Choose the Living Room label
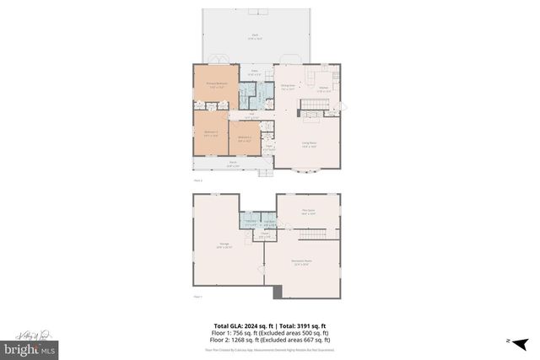(x=310, y=143)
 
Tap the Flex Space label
(x=309, y=212)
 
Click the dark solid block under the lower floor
(x=278, y=292)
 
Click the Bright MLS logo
(x=29, y=347)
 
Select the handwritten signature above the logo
(x=29, y=333)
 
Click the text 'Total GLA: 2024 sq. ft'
(x=238, y=325)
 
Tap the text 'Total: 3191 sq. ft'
(x=301, y=325)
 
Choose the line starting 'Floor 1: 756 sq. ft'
(x=269, y=332)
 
